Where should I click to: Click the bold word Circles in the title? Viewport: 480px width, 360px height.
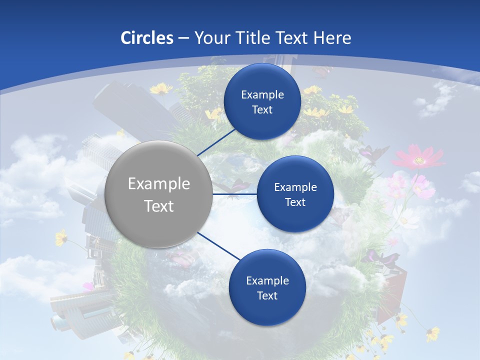point(147,38)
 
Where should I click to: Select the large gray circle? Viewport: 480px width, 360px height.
point(159,194)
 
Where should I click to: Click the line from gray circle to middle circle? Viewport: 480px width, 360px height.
point(235,194)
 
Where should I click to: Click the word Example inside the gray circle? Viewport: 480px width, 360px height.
point(159,184)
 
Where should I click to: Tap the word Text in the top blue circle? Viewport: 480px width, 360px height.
point(262,110)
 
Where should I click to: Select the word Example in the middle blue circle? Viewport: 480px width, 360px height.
point(295,187)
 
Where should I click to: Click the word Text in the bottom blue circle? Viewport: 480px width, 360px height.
point(267,296)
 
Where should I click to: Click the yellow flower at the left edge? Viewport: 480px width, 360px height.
point(61,237)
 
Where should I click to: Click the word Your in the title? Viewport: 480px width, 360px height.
point(209,38)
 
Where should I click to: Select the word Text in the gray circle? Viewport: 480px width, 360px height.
point(159,206)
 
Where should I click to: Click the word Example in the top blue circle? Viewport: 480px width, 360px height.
point(262,95)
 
